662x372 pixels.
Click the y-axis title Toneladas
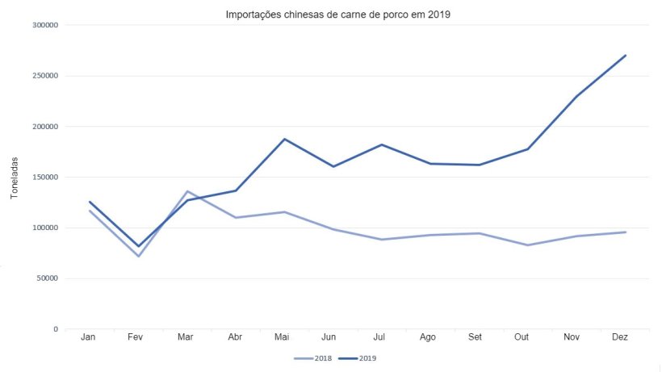pos(14,178)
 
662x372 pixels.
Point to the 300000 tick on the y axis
pos(45,25)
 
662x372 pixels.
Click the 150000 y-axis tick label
pos(45,177)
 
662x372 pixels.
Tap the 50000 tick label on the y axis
pos(48,278)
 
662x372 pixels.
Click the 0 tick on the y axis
pos(56,329)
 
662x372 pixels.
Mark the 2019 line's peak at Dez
pos(626,56)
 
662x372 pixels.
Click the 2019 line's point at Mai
pos(284,139)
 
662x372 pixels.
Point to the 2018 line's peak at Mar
pos(187,191)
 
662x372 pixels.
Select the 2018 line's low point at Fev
pos(139,256)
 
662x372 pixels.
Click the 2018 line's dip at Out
pos(528,245)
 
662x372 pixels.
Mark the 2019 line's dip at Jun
pos(333,166)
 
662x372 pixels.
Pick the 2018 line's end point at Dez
pos(626,232)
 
